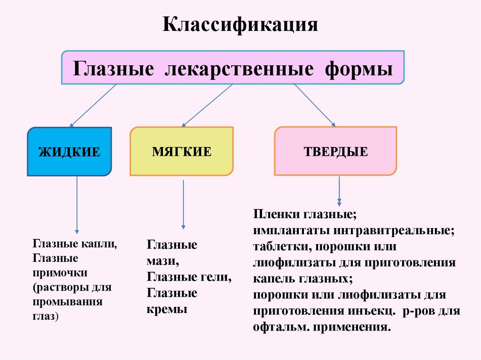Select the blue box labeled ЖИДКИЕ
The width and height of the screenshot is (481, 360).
point(69,152)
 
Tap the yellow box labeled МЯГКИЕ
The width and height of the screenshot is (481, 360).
point(181,152)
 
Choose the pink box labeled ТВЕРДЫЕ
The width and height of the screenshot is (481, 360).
point(335,152)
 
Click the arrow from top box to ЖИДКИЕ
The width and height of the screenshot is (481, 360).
point(93,106)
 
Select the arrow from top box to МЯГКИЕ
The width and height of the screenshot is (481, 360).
point(207,106)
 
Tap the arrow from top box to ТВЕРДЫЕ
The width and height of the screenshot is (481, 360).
point(314,106)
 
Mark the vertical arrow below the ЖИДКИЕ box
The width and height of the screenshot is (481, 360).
point(77,205)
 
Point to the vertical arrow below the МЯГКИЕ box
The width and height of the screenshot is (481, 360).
point(183,205)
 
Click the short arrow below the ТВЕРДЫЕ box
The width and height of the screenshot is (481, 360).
point(339,192)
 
